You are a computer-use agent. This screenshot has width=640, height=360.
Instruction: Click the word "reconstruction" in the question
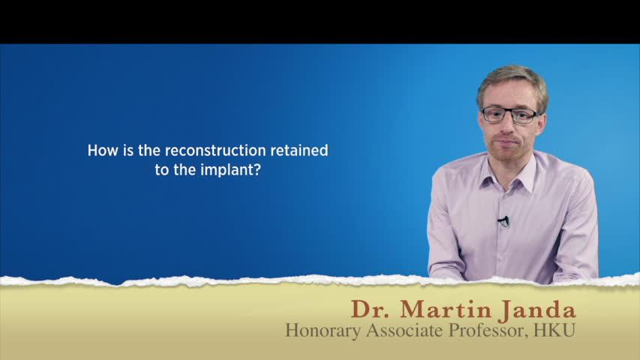pyautogui.click(x=215, y=151)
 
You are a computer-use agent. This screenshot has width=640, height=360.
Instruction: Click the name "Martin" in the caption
pyautogui.click(x=446, y=310)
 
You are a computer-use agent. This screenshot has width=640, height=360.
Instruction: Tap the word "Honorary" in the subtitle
pyautogui.click(x=323, y=331)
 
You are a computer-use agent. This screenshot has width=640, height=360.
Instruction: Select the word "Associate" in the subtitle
pyautogui.click(x=405, y=330)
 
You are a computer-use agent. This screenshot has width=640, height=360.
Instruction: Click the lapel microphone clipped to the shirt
pyautogui.click(x=503, y=221)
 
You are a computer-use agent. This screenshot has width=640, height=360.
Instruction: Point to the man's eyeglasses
pyautogui.click(x=510, y=115)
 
